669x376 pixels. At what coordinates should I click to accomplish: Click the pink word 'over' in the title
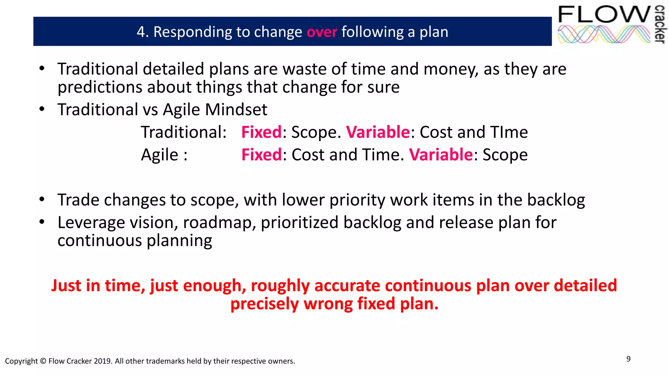(322, 32)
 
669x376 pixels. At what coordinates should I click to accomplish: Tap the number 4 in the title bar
(141, 32)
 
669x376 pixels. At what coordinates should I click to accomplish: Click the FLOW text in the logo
(604, 15)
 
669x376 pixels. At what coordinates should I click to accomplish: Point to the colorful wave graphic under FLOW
(604, 35)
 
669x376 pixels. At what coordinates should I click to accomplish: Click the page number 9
(628, 359)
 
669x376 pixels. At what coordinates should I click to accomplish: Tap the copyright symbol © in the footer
(43, 361)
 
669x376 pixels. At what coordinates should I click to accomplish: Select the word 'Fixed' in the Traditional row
(261, 132)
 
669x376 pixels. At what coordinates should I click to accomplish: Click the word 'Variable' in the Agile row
(441, 155)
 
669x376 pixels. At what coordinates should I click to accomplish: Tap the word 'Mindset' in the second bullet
(236, 109)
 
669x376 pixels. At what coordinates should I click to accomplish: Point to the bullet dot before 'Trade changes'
(41, 199)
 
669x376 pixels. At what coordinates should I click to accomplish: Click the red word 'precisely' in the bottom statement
(265, 304)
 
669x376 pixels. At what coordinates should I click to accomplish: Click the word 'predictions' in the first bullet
(100, 87)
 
